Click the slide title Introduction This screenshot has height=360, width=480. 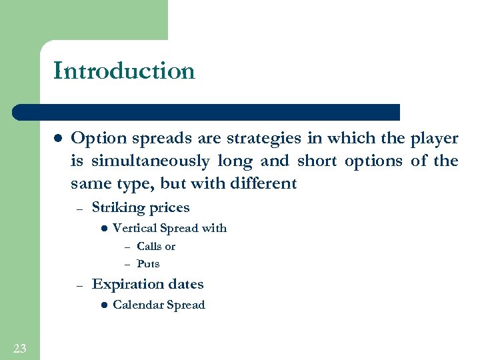(x=124, y=71)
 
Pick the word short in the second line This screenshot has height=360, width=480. (x=317, y=161)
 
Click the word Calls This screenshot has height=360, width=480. (x=150, y=247)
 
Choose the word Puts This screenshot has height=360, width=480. (x=148, y=264)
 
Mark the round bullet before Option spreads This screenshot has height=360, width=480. (x=57, y=139)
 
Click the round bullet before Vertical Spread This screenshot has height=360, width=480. (x=103, y=228)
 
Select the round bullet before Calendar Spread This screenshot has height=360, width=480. (x=103, y=305)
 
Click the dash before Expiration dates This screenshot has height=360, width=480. (x=79, y=285)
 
